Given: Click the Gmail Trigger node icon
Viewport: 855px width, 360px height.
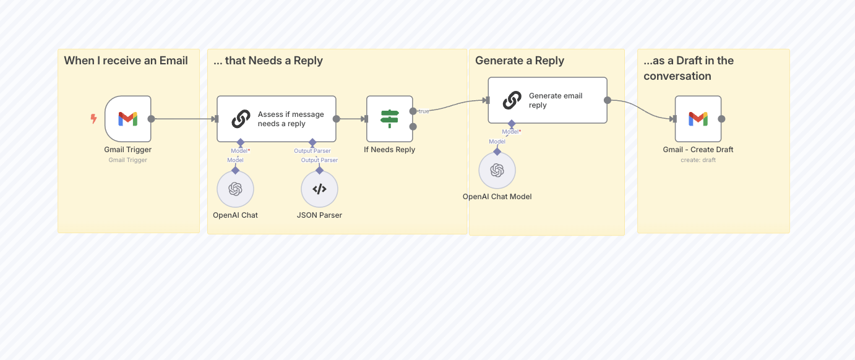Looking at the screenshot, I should pos(128,119).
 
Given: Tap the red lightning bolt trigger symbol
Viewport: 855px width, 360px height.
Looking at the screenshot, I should pos(94,119).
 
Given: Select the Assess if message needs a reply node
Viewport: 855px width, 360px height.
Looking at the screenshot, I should pos(276,119).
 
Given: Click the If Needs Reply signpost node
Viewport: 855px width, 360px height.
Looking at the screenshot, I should pos(389,119).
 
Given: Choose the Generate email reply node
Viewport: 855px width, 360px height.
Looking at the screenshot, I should pos(547,100).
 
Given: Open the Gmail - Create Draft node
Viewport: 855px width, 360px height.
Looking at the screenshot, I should pos(698,119).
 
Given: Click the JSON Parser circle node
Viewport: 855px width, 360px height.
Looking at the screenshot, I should pos(319,189).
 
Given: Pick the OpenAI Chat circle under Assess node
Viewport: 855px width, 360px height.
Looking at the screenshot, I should pos(235,189).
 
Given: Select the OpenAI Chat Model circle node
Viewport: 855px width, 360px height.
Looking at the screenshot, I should pos(497,171).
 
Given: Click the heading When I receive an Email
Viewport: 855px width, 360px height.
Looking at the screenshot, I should pos(126,61).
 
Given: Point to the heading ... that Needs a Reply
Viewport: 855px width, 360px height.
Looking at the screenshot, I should pos(268,61).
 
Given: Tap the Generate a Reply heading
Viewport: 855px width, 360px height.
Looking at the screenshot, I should pos(520,61).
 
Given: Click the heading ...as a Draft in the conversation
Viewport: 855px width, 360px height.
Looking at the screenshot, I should pos(688,68).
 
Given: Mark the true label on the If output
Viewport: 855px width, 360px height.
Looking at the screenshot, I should pos(424,111).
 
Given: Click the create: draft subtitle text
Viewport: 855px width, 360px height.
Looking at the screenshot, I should pos(698,160).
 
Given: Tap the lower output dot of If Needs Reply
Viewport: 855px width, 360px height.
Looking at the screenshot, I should pos(413,127).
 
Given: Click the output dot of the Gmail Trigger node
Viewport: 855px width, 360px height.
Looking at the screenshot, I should pos(152,119).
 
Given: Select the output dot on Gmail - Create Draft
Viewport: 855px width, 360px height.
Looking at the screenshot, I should pos(721,119).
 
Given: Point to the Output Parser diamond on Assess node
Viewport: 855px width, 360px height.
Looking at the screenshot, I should pos(312,143).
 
